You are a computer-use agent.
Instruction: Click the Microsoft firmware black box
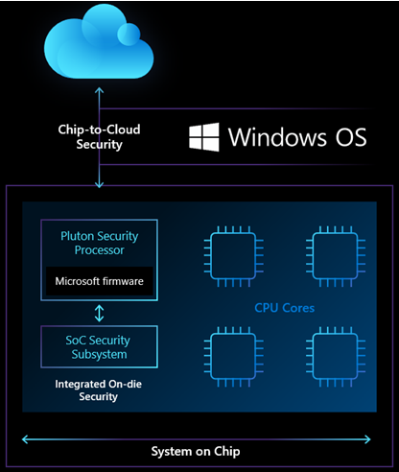[x=98, y=280]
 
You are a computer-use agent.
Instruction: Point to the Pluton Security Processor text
[x=98, y=243]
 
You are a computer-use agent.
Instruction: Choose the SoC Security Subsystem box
[x=98, y=347]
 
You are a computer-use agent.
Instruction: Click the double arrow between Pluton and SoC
[x=98, y=313]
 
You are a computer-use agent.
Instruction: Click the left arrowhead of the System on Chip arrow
[x=25, y=438]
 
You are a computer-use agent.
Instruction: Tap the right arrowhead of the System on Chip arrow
[x=374, y=438]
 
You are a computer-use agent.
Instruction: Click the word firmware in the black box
[x=122, y=280]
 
